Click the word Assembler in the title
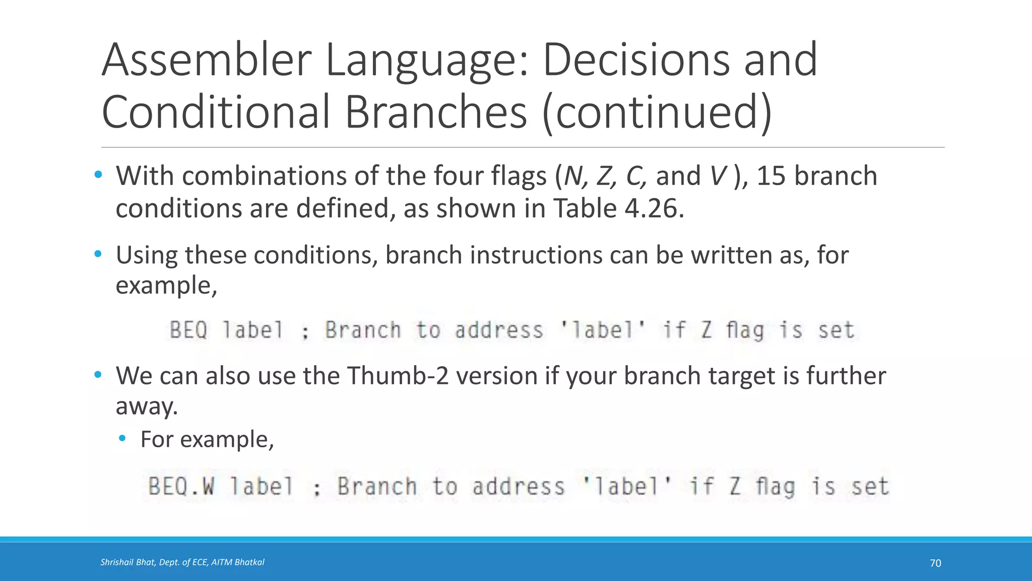[207, 61]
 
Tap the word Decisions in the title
[635, 61]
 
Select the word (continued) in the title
[657, 112]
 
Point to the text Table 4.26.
[619, 208]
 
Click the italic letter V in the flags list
[718, 176]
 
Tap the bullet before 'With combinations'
[98, 175]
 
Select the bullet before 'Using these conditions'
[98, 254]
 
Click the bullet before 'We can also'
[98, 375]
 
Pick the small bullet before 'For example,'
[122, 438]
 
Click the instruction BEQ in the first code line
[188, 330]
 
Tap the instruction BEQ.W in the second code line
[181, 487]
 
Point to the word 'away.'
[147, 406]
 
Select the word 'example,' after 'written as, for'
[166, 286]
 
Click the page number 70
[935, 563]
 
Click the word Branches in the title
[436, 112]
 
